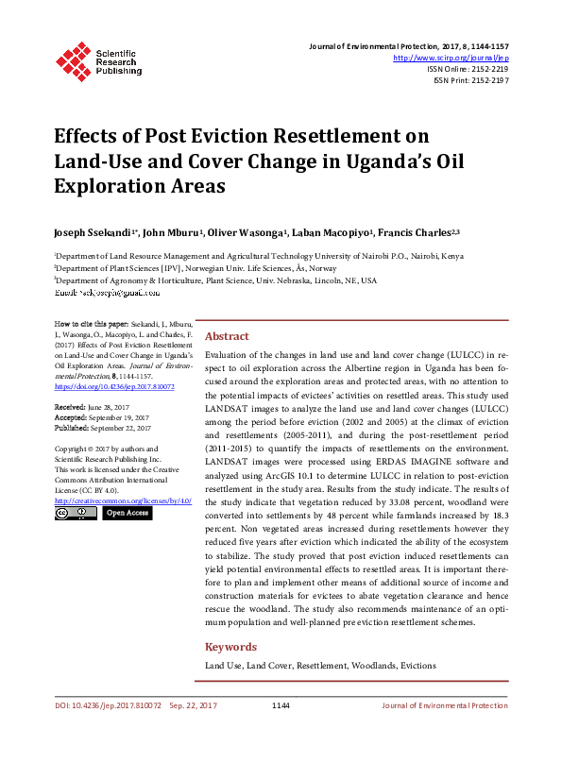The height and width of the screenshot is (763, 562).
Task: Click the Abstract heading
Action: (227, 336)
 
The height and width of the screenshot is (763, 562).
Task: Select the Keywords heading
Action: (230, 647)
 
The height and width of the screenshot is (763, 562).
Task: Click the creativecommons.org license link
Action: (123, 500)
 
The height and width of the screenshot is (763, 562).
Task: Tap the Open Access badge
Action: (127, 513)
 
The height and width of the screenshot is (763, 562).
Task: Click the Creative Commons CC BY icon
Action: (76, 513)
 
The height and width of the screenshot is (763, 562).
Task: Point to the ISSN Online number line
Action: (468, 69)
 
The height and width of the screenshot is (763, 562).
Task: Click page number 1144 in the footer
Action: (281, 705)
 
